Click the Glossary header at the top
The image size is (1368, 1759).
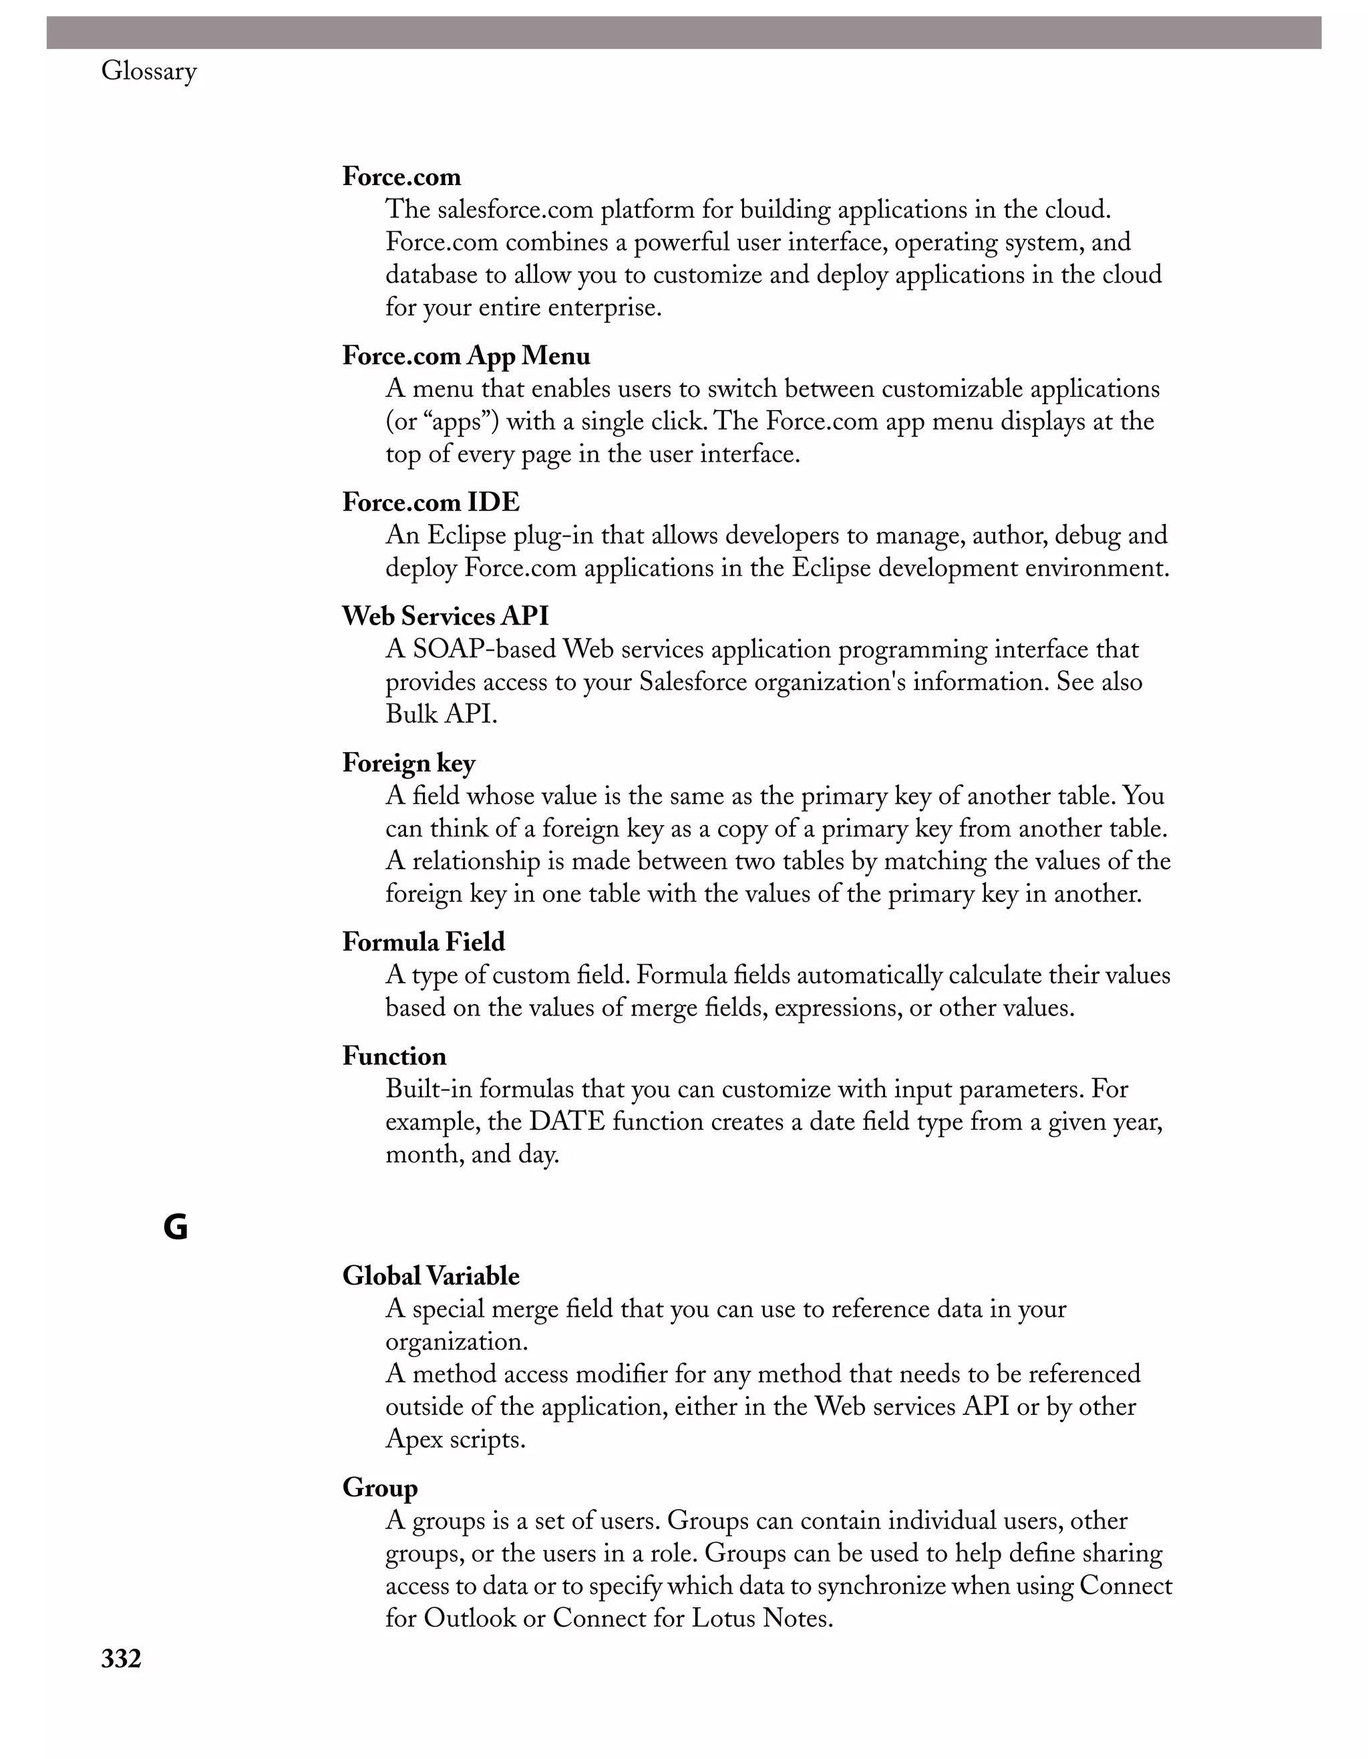(149, 71)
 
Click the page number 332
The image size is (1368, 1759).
(122, 1658)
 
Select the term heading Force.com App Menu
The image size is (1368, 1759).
(466, 356)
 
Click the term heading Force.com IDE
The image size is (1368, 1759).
(431, 502)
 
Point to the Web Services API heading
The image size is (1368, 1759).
(446, 616)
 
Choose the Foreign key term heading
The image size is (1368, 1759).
(408, 763)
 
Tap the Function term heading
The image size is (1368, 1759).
(393, 1056)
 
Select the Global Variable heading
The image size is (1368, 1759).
(431, 1276)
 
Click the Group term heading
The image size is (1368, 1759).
(379, 1488)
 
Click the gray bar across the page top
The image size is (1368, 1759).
(683, 32)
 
